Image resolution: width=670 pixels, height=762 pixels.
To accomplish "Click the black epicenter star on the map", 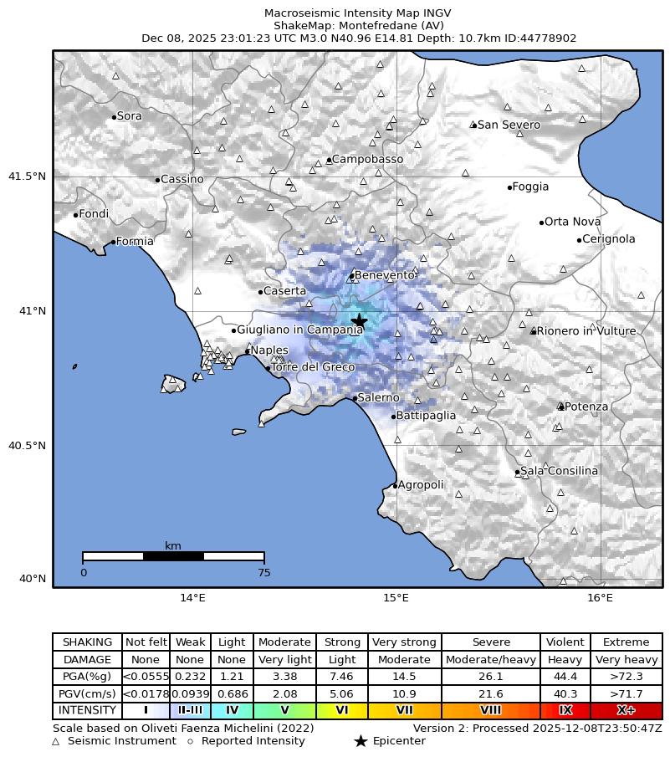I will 360,321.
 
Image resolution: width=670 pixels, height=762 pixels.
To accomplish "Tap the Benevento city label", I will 385,275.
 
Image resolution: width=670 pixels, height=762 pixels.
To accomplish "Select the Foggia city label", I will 530,187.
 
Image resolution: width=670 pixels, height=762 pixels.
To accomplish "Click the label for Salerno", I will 378,398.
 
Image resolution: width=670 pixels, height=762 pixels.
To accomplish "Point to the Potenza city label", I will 586,407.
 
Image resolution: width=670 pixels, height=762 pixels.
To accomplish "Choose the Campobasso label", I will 367,159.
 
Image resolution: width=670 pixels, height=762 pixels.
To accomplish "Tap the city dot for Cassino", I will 157,180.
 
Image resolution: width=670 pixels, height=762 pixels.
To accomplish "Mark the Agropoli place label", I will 421,485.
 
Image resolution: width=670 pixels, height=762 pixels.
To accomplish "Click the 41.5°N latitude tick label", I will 26,176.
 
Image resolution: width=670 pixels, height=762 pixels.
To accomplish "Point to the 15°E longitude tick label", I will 396,598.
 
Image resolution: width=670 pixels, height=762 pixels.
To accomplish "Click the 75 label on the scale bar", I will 263,573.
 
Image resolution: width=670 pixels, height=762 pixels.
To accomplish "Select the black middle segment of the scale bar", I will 173,556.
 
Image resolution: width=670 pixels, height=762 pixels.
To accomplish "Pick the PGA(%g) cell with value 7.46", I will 341,676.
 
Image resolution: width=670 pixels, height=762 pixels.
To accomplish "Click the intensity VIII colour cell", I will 490,710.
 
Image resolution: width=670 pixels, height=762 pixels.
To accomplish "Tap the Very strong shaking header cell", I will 404,642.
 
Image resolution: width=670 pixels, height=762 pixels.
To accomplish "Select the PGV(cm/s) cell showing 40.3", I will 565,693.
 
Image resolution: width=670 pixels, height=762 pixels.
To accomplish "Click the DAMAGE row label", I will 87,659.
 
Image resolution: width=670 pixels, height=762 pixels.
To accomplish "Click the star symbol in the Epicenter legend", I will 361,741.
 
